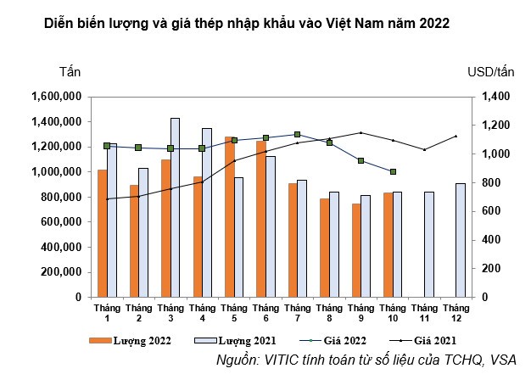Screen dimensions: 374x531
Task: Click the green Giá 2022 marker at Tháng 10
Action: pos(392,171)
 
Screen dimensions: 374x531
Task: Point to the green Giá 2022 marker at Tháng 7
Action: pos(297,134)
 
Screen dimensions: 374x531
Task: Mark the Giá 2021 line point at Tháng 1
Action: pos(107,199)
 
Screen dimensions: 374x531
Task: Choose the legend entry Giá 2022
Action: pos(331,341)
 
